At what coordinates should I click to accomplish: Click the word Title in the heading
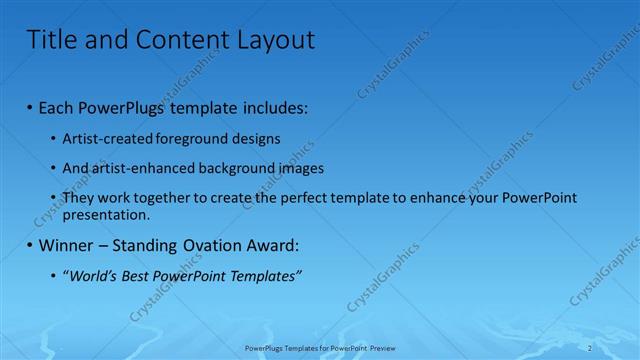(x=49, y=40)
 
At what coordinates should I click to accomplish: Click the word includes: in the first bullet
(x=273, y=108)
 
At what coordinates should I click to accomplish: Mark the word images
(x=299, y=168)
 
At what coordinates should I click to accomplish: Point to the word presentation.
(x=106, y=214)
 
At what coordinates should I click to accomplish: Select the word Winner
(x=65, y=245)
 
